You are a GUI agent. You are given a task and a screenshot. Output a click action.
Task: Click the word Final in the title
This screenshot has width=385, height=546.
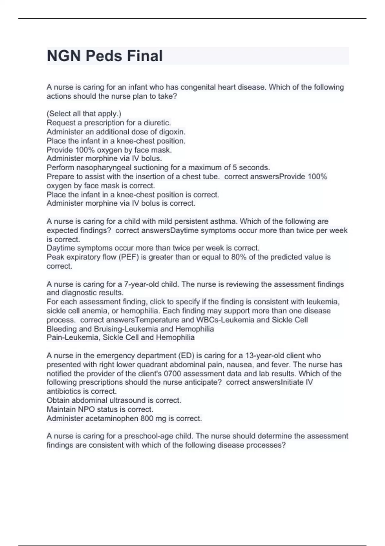coord(145,56)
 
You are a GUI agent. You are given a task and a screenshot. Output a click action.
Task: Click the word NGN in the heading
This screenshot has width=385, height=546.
coord(64,56)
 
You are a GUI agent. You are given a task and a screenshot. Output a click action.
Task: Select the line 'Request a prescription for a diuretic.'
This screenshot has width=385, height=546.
coord(109,123)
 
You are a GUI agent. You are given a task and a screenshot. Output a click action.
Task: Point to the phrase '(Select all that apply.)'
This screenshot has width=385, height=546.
coord(84,114)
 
